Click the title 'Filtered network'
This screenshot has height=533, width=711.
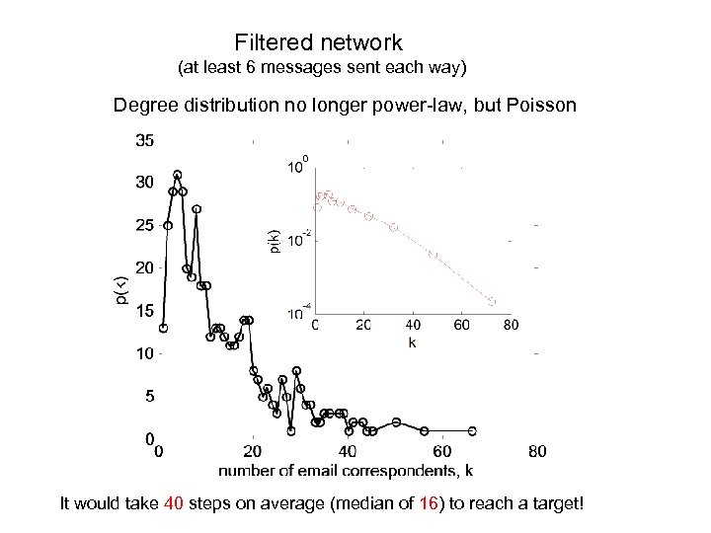click(x=319, y=42)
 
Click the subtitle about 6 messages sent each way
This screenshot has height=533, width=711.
click(x=321, y=70)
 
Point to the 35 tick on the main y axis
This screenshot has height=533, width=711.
click(x=144, y=141)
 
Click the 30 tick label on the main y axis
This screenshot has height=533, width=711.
click(x=144, y=183)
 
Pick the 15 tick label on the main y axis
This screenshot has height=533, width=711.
click(x=144, y=310)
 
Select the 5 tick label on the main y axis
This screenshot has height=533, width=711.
click(x=148, y=396)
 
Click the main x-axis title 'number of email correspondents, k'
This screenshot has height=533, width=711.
click(x=345, y=471)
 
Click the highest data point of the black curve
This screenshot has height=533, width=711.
click(x=178, y=175)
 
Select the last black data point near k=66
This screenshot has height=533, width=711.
click(x=472, y=431)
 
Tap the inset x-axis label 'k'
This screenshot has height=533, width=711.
click(x=412, y=343)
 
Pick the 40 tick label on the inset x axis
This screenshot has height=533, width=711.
click(x=413, y=324)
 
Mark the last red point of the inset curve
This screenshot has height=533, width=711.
click(x=492, y=302)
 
